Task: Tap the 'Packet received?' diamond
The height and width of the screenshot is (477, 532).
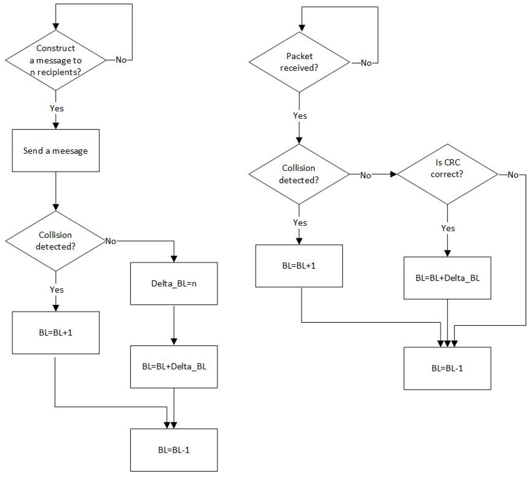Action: pos(299,62)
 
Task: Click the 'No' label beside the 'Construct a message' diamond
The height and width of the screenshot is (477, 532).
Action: pos(121,60)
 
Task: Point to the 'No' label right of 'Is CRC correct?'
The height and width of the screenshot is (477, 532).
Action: pos(513,175)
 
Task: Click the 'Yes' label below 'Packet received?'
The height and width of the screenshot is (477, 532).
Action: pos(300,116)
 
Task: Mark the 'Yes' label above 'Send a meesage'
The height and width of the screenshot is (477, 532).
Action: pos(57,108)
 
